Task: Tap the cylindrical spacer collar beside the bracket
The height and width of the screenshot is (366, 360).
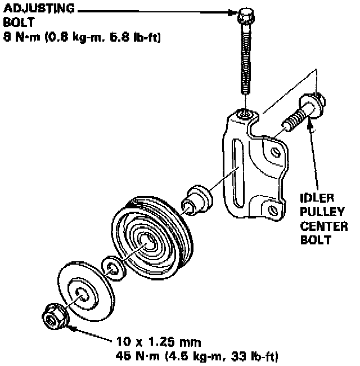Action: point(196,199)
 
